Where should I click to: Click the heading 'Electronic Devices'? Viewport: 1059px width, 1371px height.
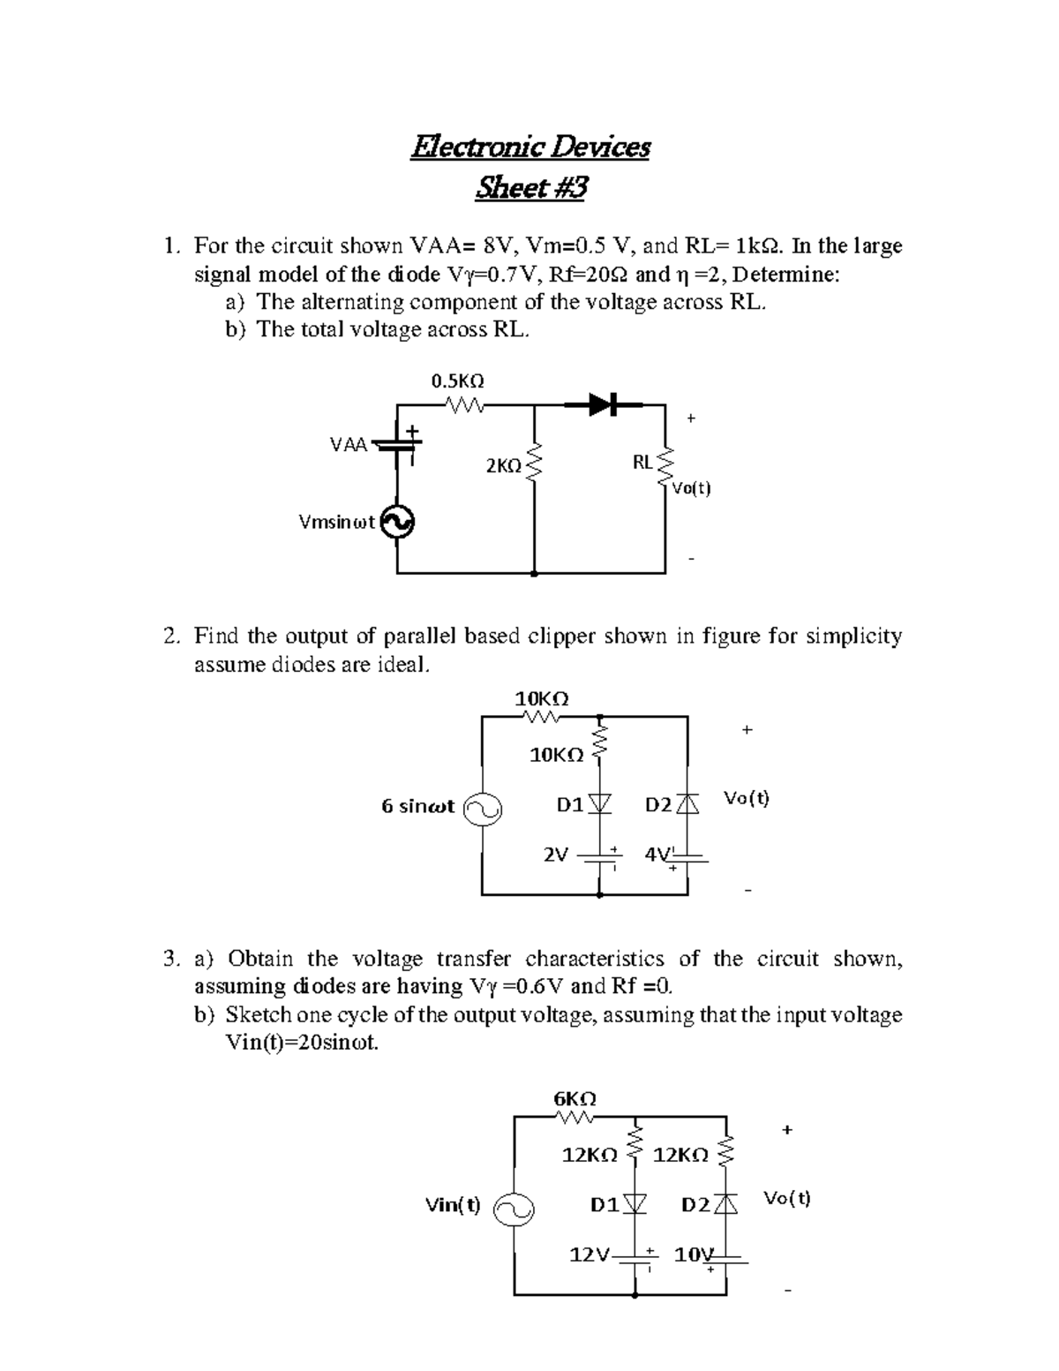[529, 147]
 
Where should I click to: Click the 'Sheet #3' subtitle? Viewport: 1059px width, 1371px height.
[529, 188]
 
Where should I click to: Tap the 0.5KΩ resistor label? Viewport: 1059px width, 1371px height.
[457, 381]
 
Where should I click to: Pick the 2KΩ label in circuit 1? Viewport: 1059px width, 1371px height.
[503, 465]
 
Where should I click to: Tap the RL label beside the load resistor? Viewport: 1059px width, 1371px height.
[642, 462]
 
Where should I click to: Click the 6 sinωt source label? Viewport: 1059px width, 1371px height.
[417, 806]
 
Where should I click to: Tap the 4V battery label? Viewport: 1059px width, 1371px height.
[657, 855]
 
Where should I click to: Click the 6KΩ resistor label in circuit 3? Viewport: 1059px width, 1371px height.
[575, 1099]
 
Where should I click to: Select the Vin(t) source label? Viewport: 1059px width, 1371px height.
[453, 1204]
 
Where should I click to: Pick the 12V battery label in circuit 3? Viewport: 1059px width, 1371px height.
[589, 1254]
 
